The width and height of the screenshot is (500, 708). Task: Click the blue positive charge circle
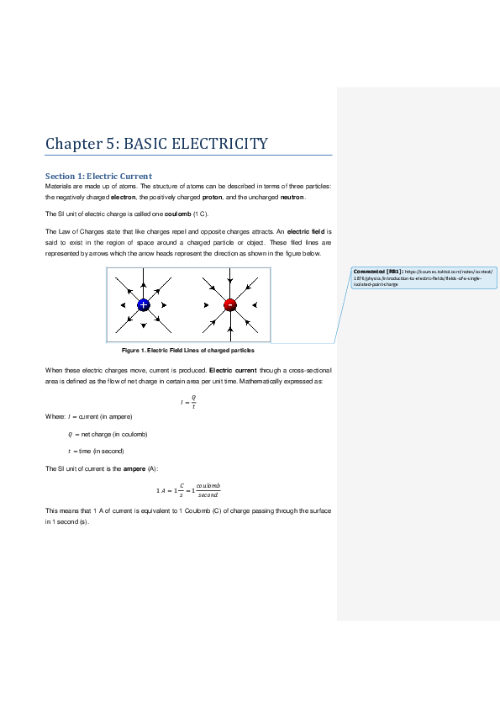pos(144,304)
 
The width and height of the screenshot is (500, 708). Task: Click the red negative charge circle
pos(229,304)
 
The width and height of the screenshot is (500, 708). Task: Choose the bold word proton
pos(212,198)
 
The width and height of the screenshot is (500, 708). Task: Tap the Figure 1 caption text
pos(188,350)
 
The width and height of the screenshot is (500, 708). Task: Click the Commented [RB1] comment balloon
pos(424,277)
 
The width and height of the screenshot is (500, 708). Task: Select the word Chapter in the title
pos(74,144)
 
